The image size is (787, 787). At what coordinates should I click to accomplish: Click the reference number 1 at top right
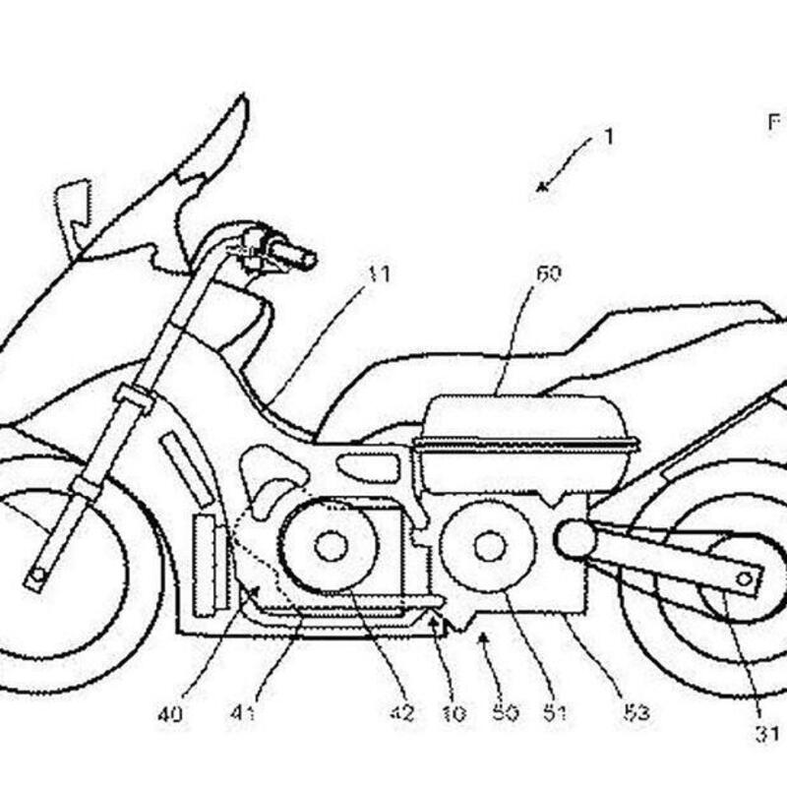coord(608,137)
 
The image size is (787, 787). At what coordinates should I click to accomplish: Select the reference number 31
coord(766,733)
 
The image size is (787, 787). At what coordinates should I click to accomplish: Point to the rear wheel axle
coord(743,578)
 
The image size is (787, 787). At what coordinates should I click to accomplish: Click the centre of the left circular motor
coord(329,544)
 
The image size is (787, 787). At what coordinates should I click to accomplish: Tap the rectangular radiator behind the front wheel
coord(208,562)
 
